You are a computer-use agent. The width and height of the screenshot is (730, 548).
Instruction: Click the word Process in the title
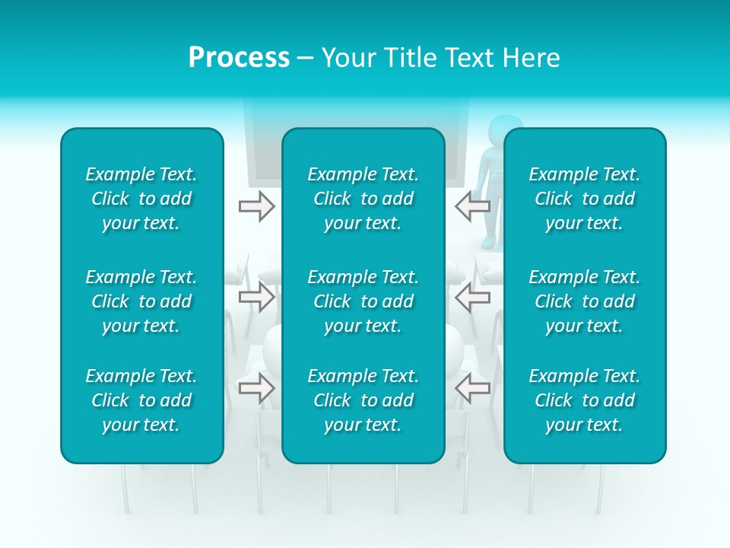(239, 58)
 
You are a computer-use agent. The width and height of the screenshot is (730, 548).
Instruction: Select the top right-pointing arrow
(256, 206)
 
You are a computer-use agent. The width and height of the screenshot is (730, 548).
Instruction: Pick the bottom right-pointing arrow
(256, 388)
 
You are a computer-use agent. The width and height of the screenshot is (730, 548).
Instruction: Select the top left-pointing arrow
(473, 206)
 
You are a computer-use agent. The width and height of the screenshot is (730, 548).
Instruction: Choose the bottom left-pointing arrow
(473, 388)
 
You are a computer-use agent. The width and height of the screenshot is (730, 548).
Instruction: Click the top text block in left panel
(141, 199)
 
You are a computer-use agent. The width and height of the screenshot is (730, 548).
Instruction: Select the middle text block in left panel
(141, 301)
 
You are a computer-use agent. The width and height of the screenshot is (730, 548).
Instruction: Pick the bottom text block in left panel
(141, 400)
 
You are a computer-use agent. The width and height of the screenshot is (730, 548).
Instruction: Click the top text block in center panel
(363, 199)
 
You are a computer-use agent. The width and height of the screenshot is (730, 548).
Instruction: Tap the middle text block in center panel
(363, 301)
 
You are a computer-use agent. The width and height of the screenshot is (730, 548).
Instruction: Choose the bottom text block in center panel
(363, 400)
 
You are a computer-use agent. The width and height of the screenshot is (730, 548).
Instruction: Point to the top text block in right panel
(584, 199)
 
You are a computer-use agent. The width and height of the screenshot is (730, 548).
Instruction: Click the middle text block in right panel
(584, 301)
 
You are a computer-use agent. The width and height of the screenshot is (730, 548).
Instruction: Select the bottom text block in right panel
(584, 400)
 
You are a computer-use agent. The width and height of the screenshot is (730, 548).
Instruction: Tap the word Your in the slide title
(349, 58)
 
